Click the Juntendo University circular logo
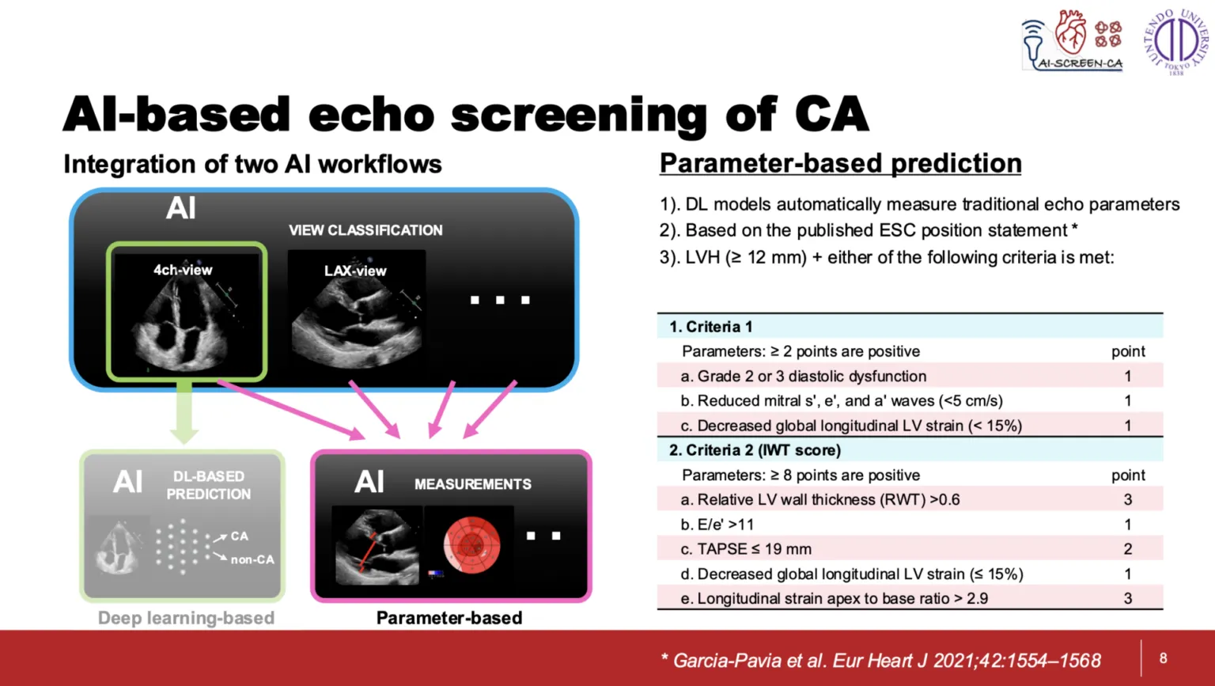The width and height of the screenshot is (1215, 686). [x=1176, y=40]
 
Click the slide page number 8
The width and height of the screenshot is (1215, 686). [x=1163, y=658]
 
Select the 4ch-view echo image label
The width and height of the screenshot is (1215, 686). [x=183, y=270]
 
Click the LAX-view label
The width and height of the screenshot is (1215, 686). [x=355, y=271]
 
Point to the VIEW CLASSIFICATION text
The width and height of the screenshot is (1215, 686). [x=365, y=230]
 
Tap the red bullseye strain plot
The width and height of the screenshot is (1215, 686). [x=472, y=545]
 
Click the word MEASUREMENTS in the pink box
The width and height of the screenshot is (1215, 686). [x=473, y=484]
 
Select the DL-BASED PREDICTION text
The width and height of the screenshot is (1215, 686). [x=209, y=485]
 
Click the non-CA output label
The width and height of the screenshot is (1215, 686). [x=253, y=559]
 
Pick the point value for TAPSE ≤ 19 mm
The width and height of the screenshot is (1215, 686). [x=1128, y=549]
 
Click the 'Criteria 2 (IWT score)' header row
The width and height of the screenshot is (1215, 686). [x=910, y=450]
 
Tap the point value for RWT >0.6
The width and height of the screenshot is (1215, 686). [x=1128, y=499]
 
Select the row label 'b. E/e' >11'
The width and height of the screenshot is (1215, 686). [x=717, y=525]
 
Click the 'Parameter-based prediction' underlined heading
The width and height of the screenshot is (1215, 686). [x=840, y=163]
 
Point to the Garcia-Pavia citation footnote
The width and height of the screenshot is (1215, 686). [x=881, y=661]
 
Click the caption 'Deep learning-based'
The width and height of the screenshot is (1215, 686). [x=186, y=618]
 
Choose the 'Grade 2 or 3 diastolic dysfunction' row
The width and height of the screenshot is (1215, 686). [x=910, y=376]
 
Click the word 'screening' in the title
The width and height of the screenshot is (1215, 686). [x=579, y=115]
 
